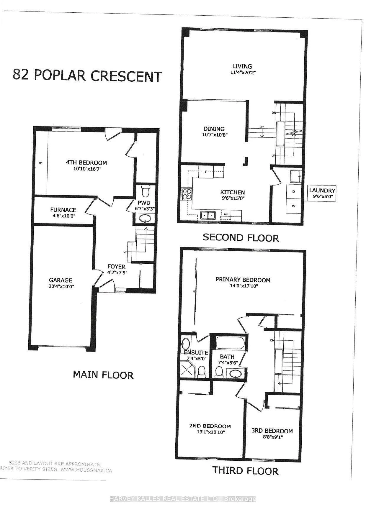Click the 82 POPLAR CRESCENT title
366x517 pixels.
(x=87, y=76)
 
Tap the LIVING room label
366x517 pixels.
(x=242, y=66)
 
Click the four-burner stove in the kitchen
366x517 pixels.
(x=187, y=194)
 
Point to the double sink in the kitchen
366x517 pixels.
(x=208, y=215)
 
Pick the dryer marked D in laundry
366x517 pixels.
(x=294, y=191)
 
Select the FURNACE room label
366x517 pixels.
(x=63, y=210)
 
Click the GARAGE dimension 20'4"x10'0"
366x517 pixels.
(x=61, y=286)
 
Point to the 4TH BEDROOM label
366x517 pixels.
(x=86, y=163)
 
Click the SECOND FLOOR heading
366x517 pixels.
(x=241, y=238)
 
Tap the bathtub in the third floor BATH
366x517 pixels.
(x=230, y=343)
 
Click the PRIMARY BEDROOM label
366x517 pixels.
(x=243, y=280)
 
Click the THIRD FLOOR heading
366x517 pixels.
(x=245, y=470)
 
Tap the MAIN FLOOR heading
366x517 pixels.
(x=103, y=375)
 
